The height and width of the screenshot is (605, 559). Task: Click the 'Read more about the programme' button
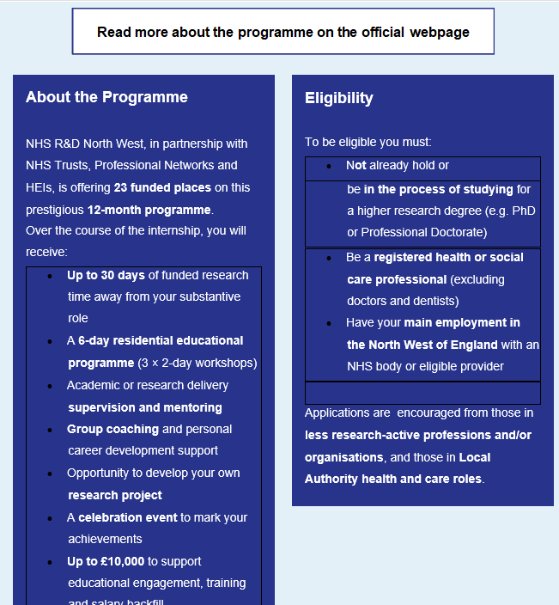[x=283, y=32]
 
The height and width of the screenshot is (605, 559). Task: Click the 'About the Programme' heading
[x=106, y=97]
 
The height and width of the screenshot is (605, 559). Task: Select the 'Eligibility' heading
[x=339, y=98]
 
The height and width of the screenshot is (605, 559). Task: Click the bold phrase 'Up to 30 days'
[x=106, y=275]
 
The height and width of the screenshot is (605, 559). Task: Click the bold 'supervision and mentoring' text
[x=145, y=407]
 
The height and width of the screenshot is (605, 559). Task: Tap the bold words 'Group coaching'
[x=113, y=429]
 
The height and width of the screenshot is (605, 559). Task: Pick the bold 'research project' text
[x=115, y=495]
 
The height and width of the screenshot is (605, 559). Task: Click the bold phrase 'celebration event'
[x=128, y=517]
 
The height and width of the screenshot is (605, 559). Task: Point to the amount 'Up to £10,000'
[x=106, y=561]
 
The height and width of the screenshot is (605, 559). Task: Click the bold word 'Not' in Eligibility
[x=356, y=165]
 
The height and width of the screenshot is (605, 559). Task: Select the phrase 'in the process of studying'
[x=438, y=189]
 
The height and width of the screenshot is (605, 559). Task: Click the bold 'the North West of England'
[x=422, y=345]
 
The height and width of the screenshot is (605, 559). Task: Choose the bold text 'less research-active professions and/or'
[x=418, y=435]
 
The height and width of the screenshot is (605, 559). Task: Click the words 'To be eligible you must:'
[x=368, y=142]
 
